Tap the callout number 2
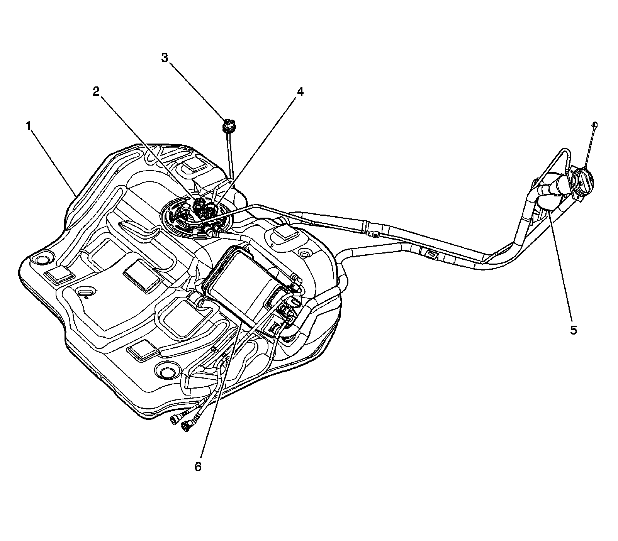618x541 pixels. pyautogui.click(x=96, y=91)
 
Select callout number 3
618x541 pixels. pyautogui.click(x=165, y=58)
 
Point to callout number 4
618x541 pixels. pyautogui.click(x=300, y=91)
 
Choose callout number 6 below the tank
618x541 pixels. pyautogui.click(x=198, y=467)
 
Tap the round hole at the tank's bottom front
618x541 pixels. pyautogui.click(x=168, y=372)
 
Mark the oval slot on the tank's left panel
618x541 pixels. pyautogui.click(x=85, y=293)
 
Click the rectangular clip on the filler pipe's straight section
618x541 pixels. pyautogui.click(x=431, y=254)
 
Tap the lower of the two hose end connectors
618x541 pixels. pyautogui.click(x=186, y=426)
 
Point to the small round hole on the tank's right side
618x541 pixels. pyautogui.click(x=305, y=254)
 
